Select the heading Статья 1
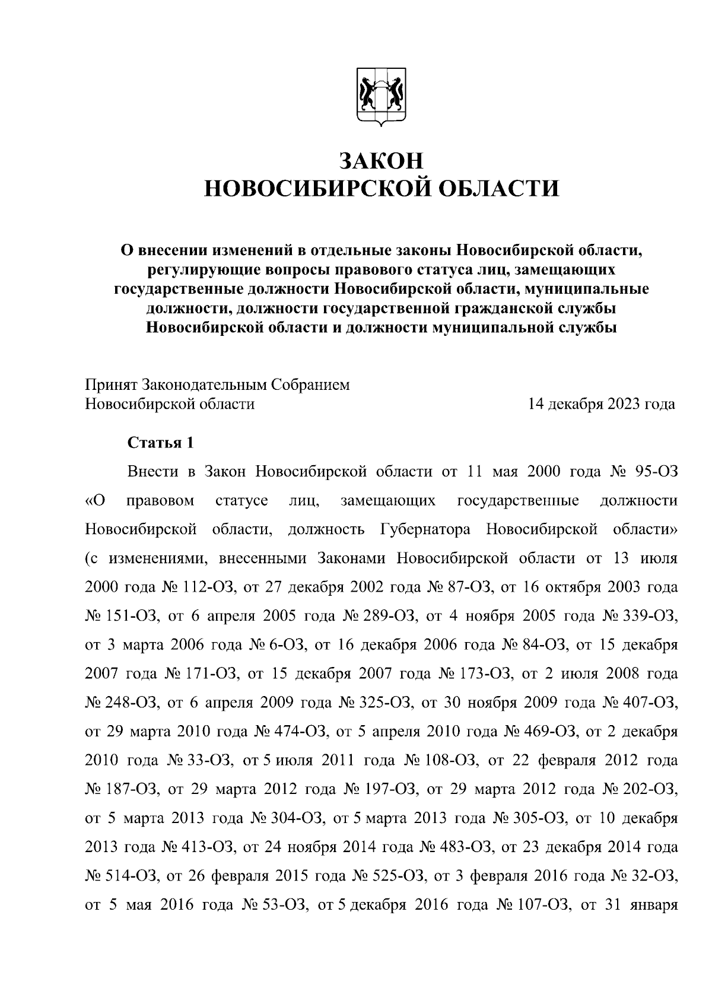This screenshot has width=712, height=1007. tap(161, 443)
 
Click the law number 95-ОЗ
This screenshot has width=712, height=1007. tap(653, 472)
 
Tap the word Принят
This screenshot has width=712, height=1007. tap(111, 385)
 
